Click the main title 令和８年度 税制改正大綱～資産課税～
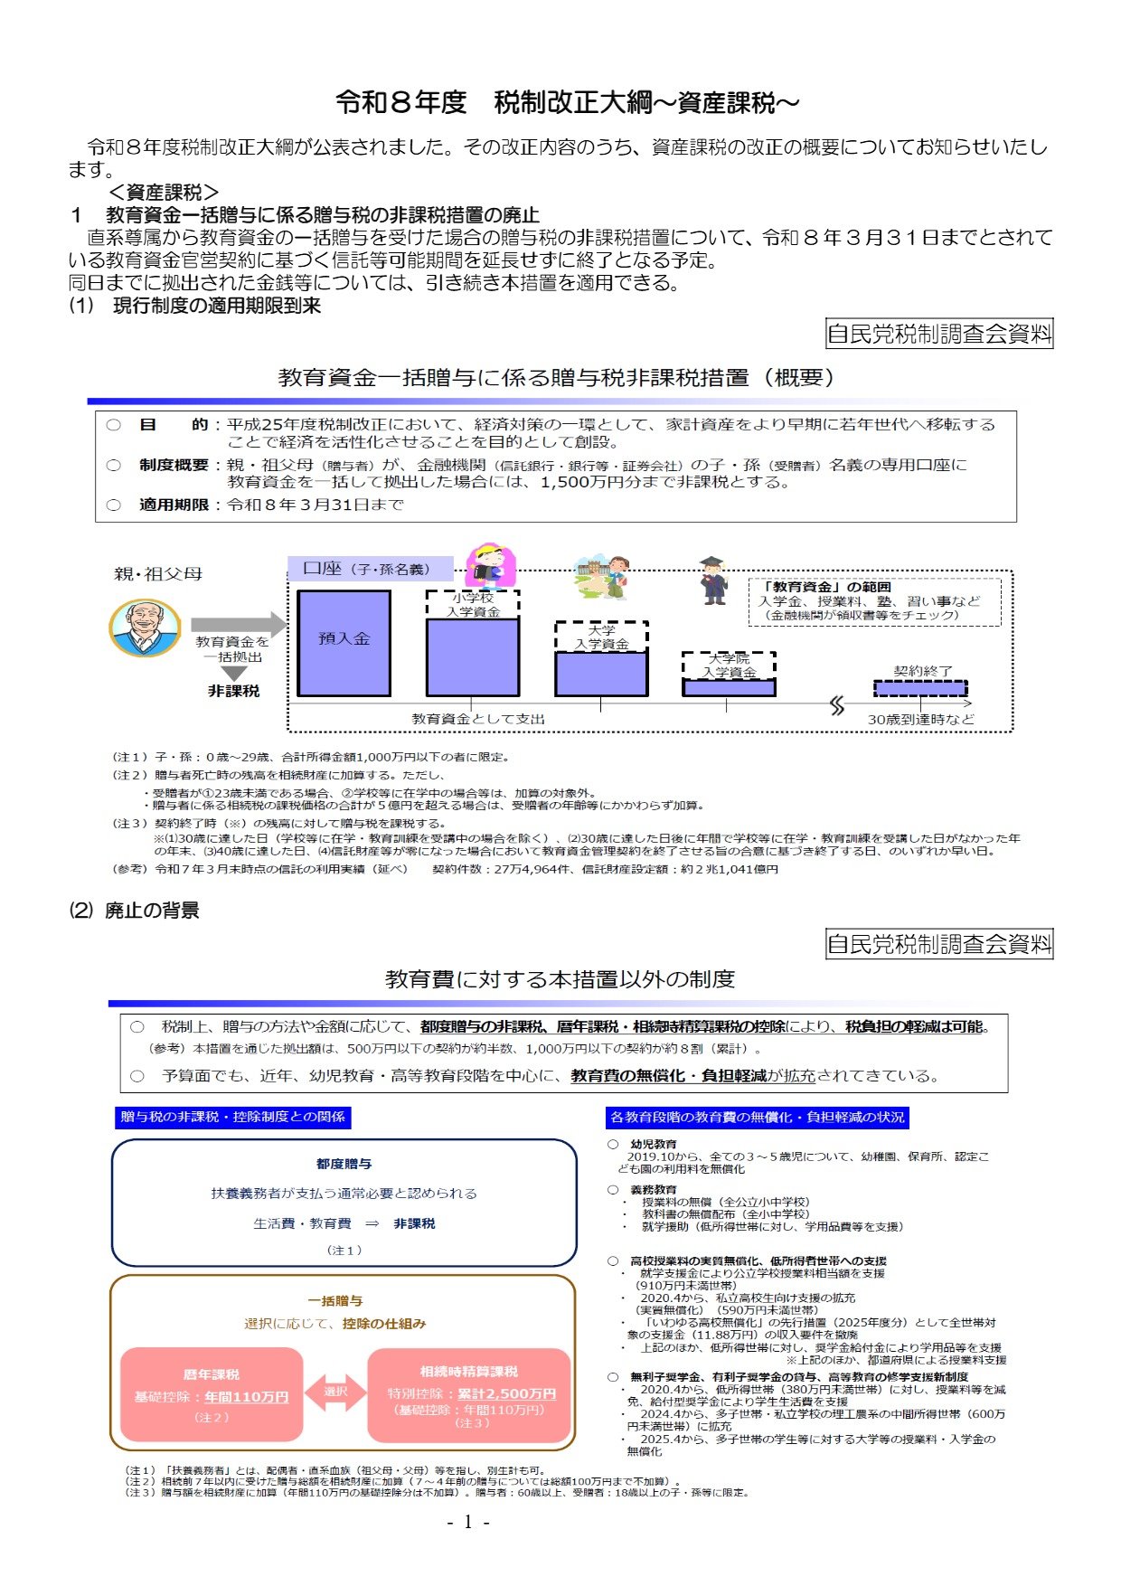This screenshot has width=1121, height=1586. (x=567, y=103)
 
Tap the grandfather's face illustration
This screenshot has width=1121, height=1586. (x=145, y=627)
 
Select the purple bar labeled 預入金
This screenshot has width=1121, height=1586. (x=344, y=643)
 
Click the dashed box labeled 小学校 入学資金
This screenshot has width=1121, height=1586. (x=473, y=604)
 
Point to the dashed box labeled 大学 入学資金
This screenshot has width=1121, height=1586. (x=601, y=637)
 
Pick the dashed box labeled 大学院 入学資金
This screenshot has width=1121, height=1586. (x=729, y=666)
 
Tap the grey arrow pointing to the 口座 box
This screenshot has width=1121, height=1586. (x=238, y=624)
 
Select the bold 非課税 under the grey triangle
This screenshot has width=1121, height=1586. (x=233, y=691)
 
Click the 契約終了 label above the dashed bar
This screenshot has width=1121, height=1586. (x=922, y=671)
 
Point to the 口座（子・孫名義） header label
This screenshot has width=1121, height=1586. (x=370, y=569)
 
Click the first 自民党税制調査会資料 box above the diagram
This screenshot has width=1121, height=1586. (x=939, y=334)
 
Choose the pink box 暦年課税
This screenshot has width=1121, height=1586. (x=212, y=1394)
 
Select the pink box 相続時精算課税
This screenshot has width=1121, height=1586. (x=469, y=1394)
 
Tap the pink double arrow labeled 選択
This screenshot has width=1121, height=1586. (x=335, y=1392)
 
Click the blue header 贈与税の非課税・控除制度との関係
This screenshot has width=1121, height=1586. (x=232, y=1117)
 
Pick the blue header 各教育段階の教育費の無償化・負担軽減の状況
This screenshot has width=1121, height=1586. (x=757, y=1117)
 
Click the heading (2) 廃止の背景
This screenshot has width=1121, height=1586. (x=135, y=911)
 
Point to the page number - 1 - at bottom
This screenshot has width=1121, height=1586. (x=468, y=1522)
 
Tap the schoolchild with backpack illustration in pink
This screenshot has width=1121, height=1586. (x=488, y=566)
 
